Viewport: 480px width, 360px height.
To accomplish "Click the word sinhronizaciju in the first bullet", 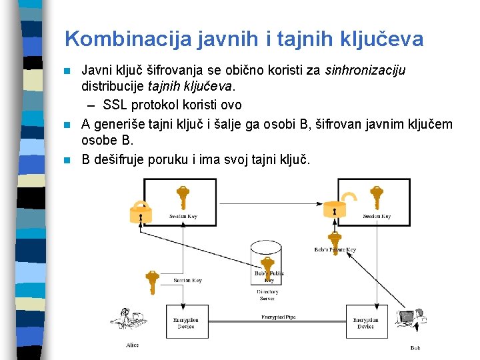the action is click(x=365, y=70).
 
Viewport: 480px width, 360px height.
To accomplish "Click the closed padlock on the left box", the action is click(x=140, y=211).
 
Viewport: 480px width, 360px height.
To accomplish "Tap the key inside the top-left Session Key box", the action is click(x=183, y=198).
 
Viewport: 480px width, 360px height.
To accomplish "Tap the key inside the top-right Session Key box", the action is click(x=376, y=197).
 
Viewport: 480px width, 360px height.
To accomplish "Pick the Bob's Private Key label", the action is click(x=335, y=250).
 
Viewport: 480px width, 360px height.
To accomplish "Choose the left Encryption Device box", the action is click(x=186, y=324).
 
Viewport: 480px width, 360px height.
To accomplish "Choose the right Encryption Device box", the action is click(x=366, y=324).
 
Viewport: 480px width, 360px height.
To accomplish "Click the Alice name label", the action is click(x=133, y=345).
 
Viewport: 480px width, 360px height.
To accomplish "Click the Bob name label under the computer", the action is click(x=415, y=348).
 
